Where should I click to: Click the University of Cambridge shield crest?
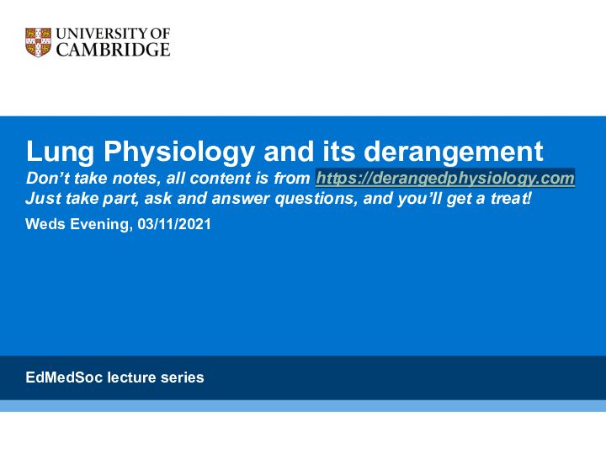pos(38,42)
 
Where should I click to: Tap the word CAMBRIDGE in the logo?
pos(114,50)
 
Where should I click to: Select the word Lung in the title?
pos(60,152)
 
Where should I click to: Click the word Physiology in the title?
pos(179,152)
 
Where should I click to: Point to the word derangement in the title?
pos(454,152)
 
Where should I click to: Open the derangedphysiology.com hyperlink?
pos(445,178)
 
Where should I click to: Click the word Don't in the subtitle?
pos(48,178)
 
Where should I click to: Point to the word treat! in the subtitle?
pos(511,198)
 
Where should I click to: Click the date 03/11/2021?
pos(174,224)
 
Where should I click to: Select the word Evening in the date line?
pos(99,225)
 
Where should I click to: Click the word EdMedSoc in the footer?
pos(64,377)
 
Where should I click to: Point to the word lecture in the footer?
pos(131,377)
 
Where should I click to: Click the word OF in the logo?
pos(161,34)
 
